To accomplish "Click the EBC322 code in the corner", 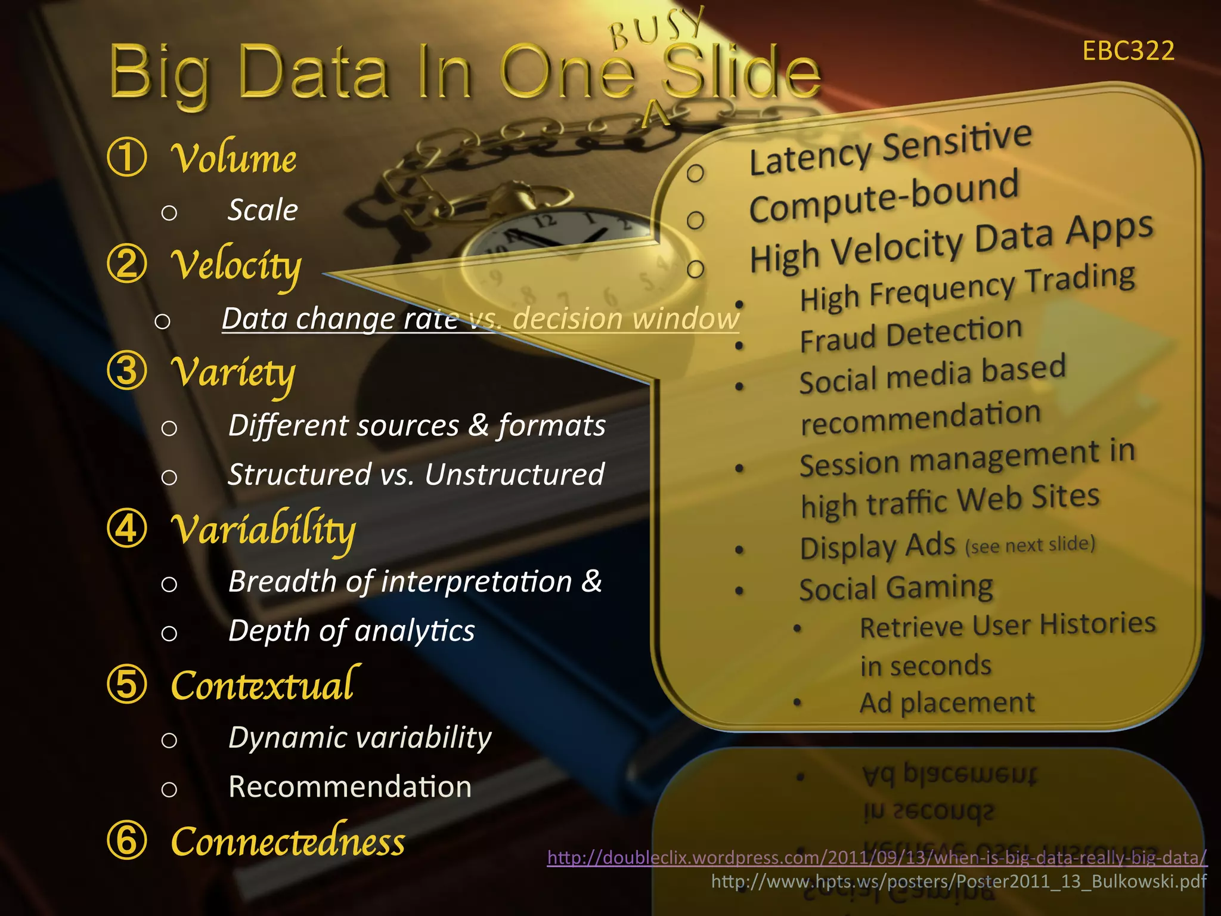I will [x=1128, y=51].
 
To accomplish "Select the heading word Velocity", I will [x=236, y=266].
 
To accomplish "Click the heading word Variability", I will [x=263, y=530].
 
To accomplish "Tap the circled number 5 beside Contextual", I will [x=127, y=684].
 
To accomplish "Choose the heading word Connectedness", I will [x=288, y=841].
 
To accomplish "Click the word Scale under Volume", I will [x=263, y=210].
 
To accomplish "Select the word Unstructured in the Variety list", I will [x=515, y=475].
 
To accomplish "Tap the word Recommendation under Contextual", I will [x=350, y=787].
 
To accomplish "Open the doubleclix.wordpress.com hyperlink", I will [x=877, y=858].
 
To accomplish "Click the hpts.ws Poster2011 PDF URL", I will [x=959, y=881].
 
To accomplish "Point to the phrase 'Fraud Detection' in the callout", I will [x=910, y=335].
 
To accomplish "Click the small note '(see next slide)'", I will [x=1030, y=544].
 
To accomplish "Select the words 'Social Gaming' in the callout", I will [x=896, y=588].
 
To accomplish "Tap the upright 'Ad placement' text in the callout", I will [x=947, y=703].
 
